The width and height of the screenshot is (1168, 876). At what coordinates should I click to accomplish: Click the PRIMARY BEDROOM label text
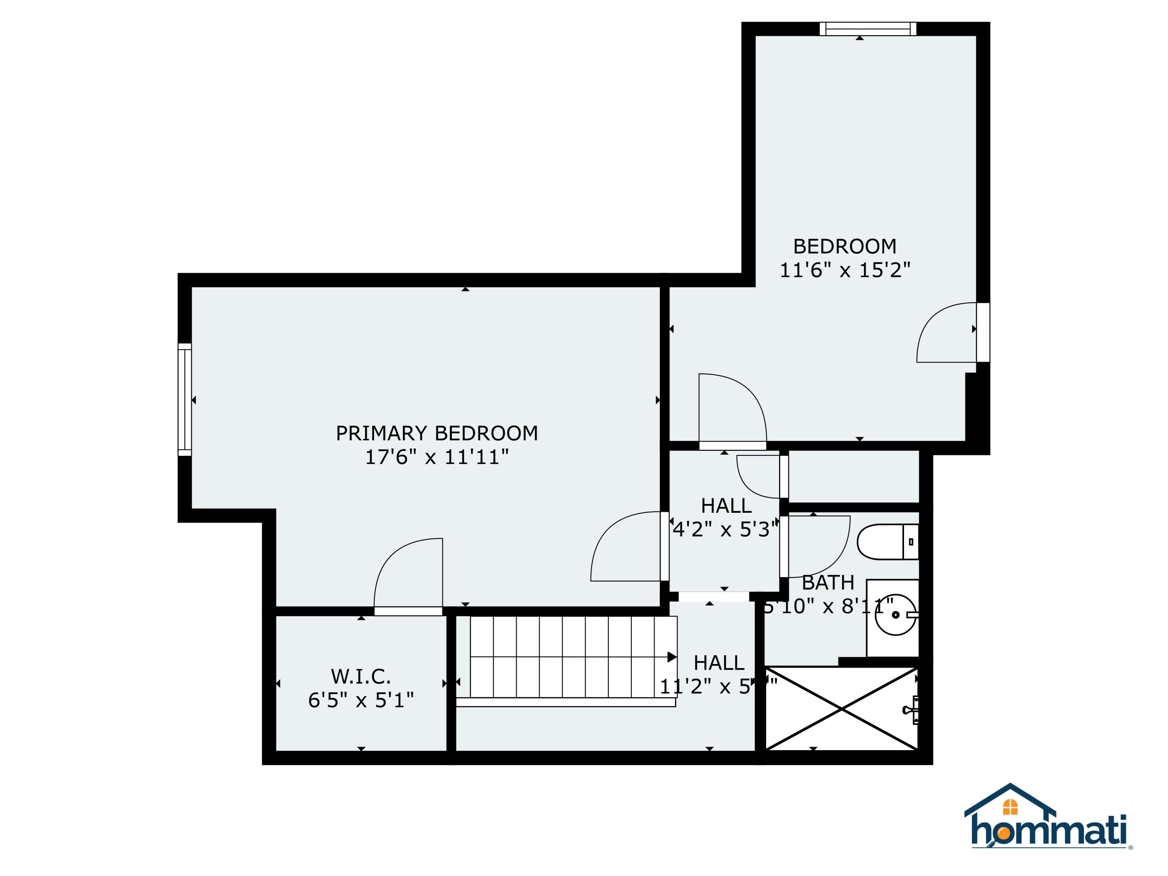[x=437, y=433]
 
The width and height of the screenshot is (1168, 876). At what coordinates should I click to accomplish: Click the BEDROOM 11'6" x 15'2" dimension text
[x=845, y=270]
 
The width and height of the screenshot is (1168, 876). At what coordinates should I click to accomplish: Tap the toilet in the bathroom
[x=887, y=542]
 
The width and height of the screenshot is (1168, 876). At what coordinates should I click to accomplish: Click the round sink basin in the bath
[x=895, y=615]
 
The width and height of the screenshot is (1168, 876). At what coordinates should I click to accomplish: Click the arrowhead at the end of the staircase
[x=672, y=657]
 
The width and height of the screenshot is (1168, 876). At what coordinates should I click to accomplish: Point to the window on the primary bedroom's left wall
[x=184, y=400]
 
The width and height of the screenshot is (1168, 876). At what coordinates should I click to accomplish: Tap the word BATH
[x=828, y=583]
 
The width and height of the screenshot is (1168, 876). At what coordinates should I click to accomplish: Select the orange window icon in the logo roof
[x=1010, y=807]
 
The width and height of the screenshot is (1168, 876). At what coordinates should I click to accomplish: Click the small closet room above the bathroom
[x=853, y=476]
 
